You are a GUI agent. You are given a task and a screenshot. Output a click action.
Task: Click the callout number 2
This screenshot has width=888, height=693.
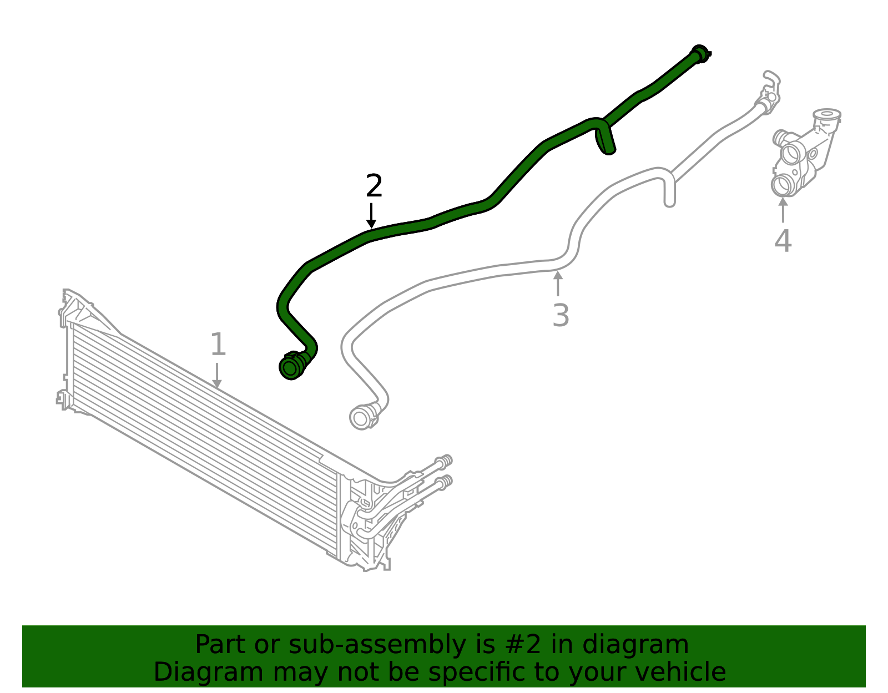tap(374, 186)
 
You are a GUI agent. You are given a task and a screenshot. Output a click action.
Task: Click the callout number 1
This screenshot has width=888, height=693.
tap(218, 344)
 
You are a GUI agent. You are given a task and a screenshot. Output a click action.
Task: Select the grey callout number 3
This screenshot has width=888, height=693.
tap(561, 315)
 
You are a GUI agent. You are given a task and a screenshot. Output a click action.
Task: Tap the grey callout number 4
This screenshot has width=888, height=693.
tap(783, 241)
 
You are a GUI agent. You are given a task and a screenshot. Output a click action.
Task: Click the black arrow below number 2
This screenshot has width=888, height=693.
tap(371, 216)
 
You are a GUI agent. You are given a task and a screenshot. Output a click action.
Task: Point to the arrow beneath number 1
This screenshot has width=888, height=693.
tap(217, 375)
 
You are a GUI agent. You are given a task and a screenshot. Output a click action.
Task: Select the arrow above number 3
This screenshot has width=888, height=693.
tap(558, 283)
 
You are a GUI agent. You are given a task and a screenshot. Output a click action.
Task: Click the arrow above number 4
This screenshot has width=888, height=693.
tap(783, 210)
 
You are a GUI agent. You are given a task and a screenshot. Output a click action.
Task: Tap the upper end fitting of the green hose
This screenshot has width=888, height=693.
tap(700, 54)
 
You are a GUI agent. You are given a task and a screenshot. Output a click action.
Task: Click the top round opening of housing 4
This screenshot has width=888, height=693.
tap(827, 114)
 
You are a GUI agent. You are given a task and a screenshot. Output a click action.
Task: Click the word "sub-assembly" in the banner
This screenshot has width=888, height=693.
tap(377, 644)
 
